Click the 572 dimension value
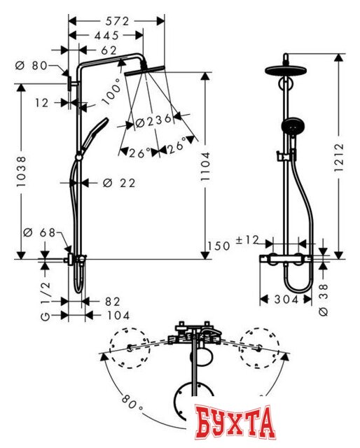118,22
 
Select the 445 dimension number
106,36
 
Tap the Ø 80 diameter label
32,66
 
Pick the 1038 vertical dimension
21,171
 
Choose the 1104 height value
205,167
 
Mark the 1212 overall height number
339,157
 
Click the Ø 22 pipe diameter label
119,183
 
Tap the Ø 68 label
39,232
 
